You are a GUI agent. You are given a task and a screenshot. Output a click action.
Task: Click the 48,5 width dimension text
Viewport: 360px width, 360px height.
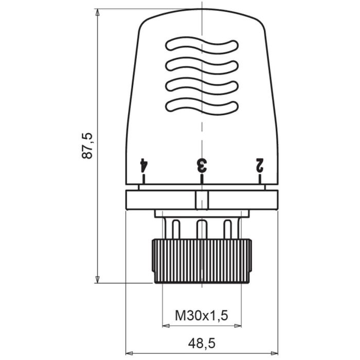[202, 342]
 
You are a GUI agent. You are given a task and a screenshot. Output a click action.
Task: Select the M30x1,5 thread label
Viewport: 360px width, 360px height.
[202, 315]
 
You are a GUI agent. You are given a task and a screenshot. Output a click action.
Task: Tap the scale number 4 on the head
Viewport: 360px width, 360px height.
[144, 165]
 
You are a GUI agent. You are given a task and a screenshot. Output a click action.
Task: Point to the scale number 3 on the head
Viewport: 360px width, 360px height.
[202, 165]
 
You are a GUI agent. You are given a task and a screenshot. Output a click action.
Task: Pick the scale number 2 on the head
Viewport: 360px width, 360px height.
[260, 165]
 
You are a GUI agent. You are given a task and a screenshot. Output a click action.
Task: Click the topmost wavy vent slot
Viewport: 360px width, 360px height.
[202, 46]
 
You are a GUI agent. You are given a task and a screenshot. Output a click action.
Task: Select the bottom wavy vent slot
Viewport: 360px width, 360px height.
[202, 106]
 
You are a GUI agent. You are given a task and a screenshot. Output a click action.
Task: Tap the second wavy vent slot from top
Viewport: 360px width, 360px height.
[202, 66]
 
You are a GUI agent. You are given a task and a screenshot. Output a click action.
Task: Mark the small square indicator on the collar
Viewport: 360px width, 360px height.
[202, 200]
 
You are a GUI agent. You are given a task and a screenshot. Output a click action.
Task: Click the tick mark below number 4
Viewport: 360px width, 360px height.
[144, 179]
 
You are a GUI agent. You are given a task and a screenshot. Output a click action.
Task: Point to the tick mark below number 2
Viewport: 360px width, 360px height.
[260, 179]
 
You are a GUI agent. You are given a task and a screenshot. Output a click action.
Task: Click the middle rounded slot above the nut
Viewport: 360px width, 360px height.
[202, 228]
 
